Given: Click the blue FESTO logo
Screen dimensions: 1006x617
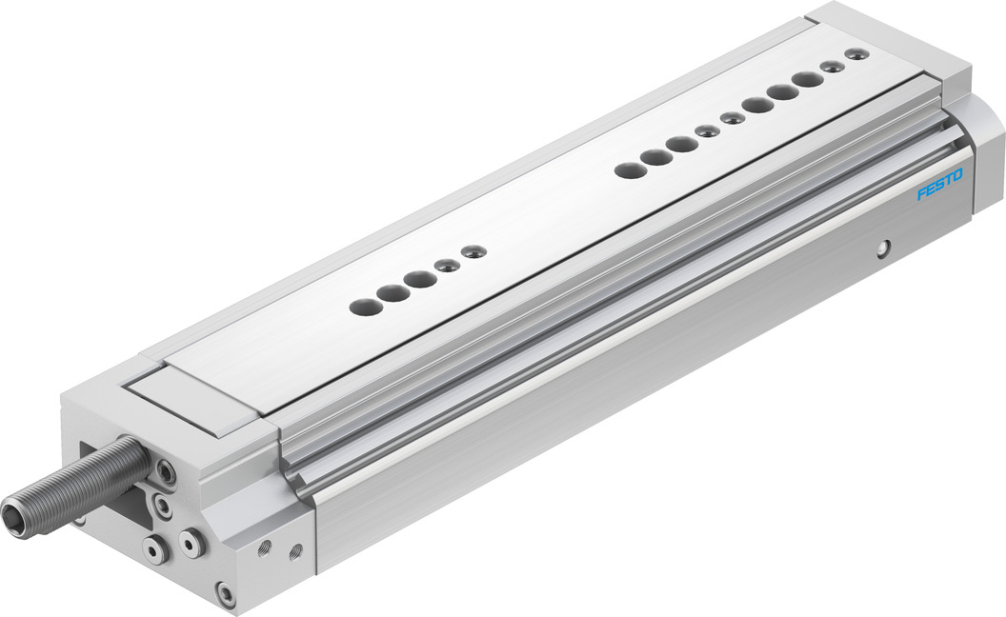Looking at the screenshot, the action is (x=940, y=185).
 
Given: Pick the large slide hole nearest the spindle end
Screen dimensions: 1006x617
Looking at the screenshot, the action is (x=366, y=306).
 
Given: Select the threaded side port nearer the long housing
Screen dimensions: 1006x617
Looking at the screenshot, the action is (x=296, y=551).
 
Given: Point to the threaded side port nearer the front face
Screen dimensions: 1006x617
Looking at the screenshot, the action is (x=264, y=547).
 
